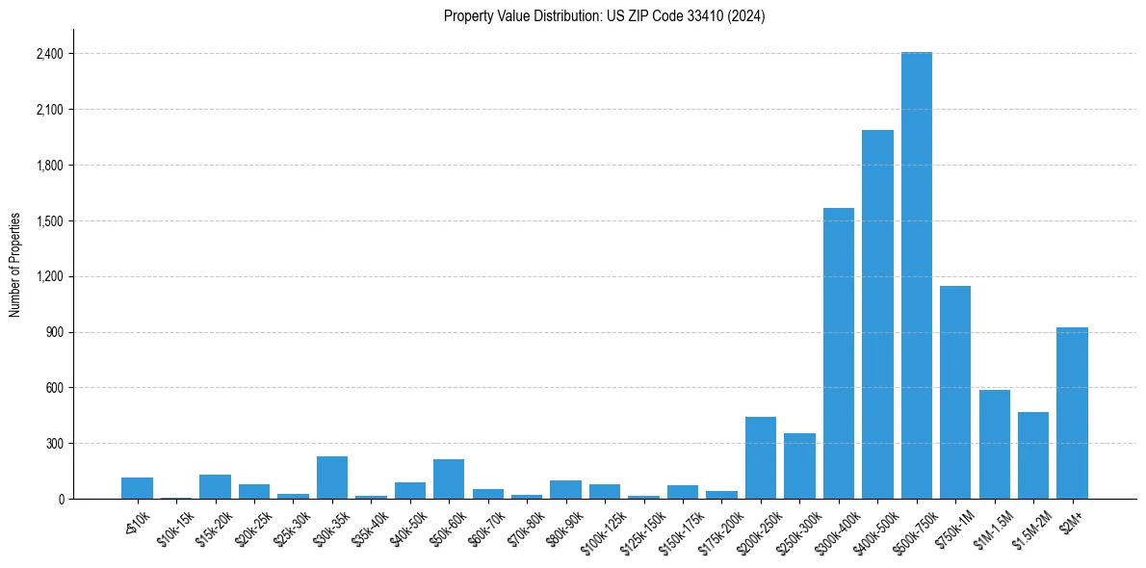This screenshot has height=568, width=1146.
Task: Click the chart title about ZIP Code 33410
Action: (604, 16)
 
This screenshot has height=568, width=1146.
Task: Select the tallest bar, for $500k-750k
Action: (916, 275)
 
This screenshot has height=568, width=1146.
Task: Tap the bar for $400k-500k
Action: (877, 315)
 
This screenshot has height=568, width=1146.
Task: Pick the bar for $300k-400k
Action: (838, 353)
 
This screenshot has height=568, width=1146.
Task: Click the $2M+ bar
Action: (1072, 413)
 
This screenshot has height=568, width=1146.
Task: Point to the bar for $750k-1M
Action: (955, 393)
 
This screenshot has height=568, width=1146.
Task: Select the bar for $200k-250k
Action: (760, 458)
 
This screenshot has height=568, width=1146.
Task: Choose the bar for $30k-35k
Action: (332, 478)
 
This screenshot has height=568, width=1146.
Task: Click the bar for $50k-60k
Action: (449, 479)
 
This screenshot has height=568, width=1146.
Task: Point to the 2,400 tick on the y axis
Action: (49, 54)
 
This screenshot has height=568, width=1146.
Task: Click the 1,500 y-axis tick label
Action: (49, 221)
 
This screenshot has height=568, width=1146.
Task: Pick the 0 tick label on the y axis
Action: (61, 500)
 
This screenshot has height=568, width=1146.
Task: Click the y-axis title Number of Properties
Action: (15, 265)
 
